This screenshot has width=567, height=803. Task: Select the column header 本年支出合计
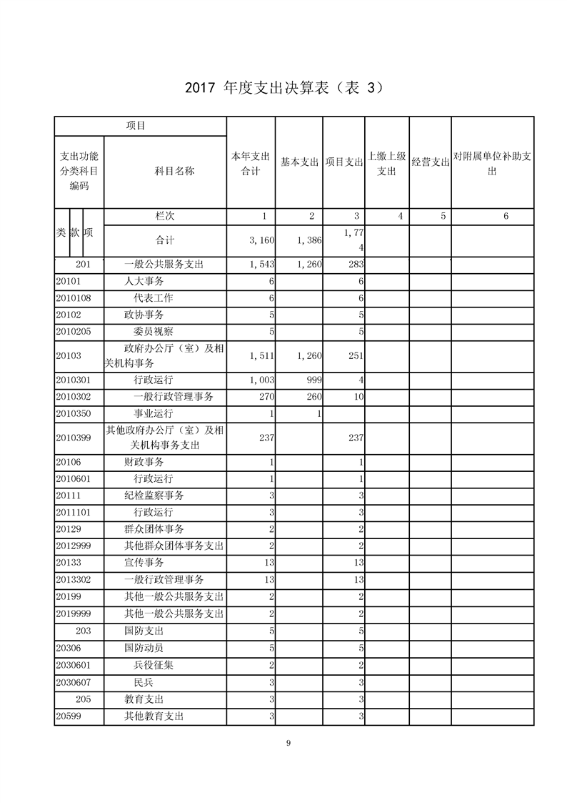click(x=251, y=163)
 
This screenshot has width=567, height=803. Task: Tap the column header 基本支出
click(x=299, y=162)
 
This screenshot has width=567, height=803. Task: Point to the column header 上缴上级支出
click(x=386, y=163)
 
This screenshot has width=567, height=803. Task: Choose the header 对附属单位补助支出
click(x=492, y=163)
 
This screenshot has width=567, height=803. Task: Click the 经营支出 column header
click(x=430, y=162)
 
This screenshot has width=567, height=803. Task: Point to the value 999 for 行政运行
click(x=313, y=380)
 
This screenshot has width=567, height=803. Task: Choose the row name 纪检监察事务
click(x=154, y=496)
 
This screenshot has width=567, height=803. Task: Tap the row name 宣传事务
click(x=144, y=563)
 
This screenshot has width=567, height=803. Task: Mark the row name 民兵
click(x=143, y=682)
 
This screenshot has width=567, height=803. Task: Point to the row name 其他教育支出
click(x=154, y=716)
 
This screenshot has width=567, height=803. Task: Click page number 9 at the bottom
click(x=288, y=744)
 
